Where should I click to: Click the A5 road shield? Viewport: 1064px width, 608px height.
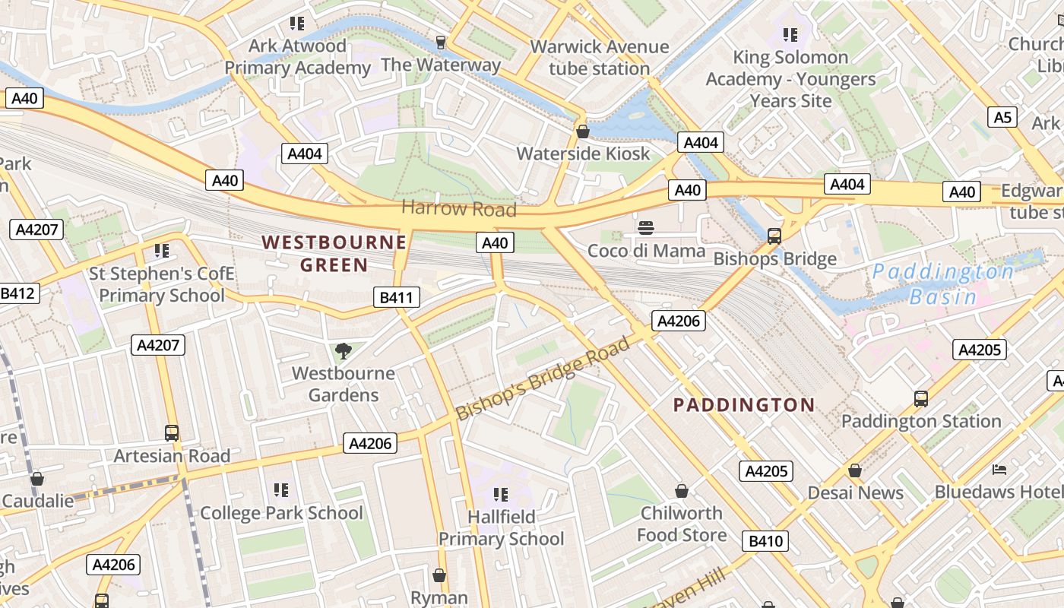tap(1003, 117)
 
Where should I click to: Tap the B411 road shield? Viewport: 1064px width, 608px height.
tap(397, 297)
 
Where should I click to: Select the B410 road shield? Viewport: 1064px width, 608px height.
tap(765, 541)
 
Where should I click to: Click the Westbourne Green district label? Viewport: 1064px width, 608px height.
tap(334, 254)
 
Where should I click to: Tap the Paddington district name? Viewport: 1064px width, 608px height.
tap(744, 404)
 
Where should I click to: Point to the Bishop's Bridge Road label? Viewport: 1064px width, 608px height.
tap(543, 378)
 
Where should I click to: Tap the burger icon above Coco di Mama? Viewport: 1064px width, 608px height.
tap(647, 227)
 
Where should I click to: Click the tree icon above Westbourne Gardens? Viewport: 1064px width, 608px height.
tap(344, 350)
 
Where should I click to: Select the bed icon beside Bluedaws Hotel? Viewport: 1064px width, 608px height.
tap(999, 470)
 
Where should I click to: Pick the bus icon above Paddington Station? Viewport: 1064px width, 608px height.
tap(921, 398)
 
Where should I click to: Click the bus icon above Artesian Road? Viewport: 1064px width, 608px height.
tap(172, 433)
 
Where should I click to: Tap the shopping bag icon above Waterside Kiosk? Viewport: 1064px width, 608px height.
tap(583, 131)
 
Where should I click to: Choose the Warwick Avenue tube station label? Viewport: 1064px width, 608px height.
tap(599, 57)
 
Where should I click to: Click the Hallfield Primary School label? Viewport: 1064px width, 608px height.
tap(501, 527)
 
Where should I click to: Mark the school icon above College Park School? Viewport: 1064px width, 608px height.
tap(281, 490)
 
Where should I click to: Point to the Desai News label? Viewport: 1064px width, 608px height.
tap(855, 492)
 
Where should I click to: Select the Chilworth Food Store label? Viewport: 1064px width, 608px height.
tap(682, 524)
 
